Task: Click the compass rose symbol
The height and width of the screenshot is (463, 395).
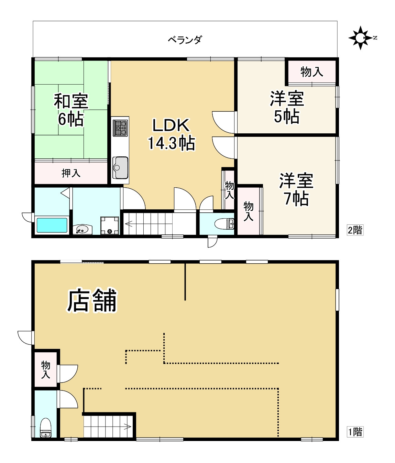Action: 360,38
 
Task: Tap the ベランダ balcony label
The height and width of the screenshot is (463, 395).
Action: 185,40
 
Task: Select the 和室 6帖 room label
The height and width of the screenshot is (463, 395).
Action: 71,110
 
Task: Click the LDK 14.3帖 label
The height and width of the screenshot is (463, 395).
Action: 171,134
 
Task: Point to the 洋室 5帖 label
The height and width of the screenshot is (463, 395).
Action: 287,107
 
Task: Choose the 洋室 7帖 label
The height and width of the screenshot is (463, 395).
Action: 296,189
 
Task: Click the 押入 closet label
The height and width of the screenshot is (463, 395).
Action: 71,173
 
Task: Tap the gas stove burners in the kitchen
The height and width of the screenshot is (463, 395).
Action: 120,128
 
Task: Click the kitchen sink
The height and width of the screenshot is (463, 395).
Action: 120,168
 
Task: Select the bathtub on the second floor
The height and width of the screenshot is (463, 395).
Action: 52,225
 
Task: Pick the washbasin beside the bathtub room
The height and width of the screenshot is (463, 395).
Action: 83,229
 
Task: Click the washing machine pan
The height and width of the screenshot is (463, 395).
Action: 110,225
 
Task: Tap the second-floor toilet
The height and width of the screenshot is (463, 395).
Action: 224,224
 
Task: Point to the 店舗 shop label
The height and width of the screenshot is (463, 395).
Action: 92,301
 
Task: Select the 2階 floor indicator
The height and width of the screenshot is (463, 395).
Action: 355,230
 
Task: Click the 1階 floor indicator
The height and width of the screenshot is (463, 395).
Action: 355,432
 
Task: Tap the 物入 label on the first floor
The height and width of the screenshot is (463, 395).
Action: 46,370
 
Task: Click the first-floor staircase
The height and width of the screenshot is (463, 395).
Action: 108,427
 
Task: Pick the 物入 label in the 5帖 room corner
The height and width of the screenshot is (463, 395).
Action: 311,72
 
